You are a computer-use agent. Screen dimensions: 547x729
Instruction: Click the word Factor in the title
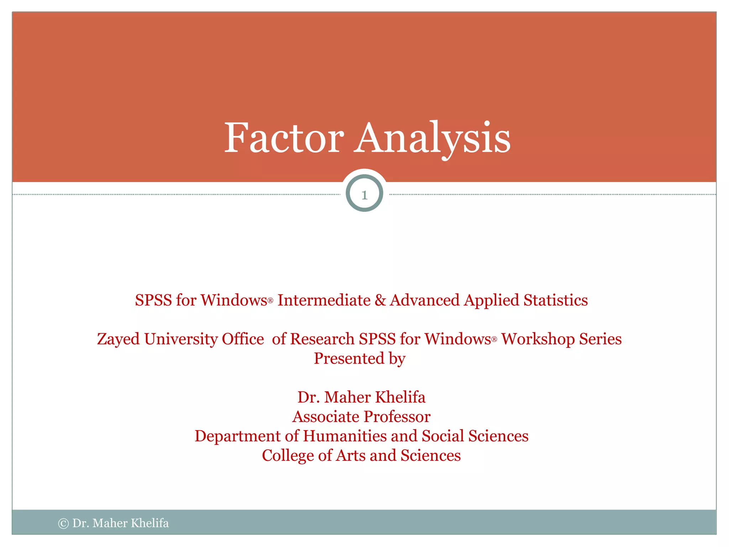tap(284, 138)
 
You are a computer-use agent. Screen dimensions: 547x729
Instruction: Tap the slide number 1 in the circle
tap(364, 195)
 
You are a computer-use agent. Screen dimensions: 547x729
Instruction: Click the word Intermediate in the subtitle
tap(324, 300)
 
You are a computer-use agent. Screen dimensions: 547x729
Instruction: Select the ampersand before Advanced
tap(380, 300)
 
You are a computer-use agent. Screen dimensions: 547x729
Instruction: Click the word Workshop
tap(538, 339)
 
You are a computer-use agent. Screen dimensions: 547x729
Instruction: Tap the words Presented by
tap(360, 359)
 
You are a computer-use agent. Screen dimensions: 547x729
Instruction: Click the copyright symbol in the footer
tap(63, 523)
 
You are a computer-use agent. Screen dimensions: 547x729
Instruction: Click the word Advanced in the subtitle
tap(424, 300)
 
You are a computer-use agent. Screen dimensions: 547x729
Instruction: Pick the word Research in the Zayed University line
tap(322, 339)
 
